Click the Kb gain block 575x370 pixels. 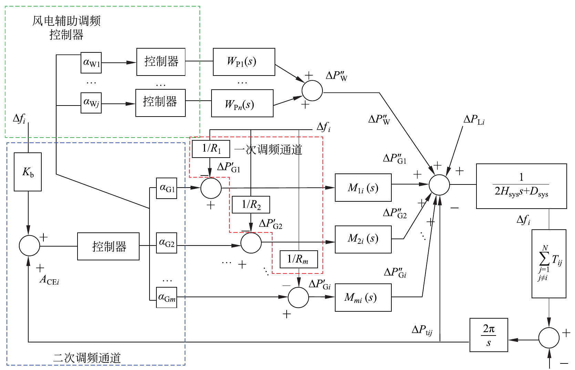(28, 172)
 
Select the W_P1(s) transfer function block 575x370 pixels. (244, 62)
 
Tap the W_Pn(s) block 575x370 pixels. (242, 103)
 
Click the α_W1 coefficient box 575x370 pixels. (91, 63)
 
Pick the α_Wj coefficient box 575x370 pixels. (91, 103)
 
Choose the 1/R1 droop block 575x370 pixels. (211, 149)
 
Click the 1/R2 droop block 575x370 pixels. (251, 204)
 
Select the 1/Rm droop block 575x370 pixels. (298, 259)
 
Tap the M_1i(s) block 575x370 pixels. (363, 188)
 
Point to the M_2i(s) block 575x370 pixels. (363, 239)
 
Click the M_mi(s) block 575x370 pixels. (363, 298)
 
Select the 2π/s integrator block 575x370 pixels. (489, 335)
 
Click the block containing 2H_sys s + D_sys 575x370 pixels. (521, 186)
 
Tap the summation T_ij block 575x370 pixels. (549, 263)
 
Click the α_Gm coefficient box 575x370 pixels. (167, 297)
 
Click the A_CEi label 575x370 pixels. (49, 280)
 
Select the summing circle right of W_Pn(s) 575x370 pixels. (312, 91)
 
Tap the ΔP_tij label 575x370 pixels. (422, 330)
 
